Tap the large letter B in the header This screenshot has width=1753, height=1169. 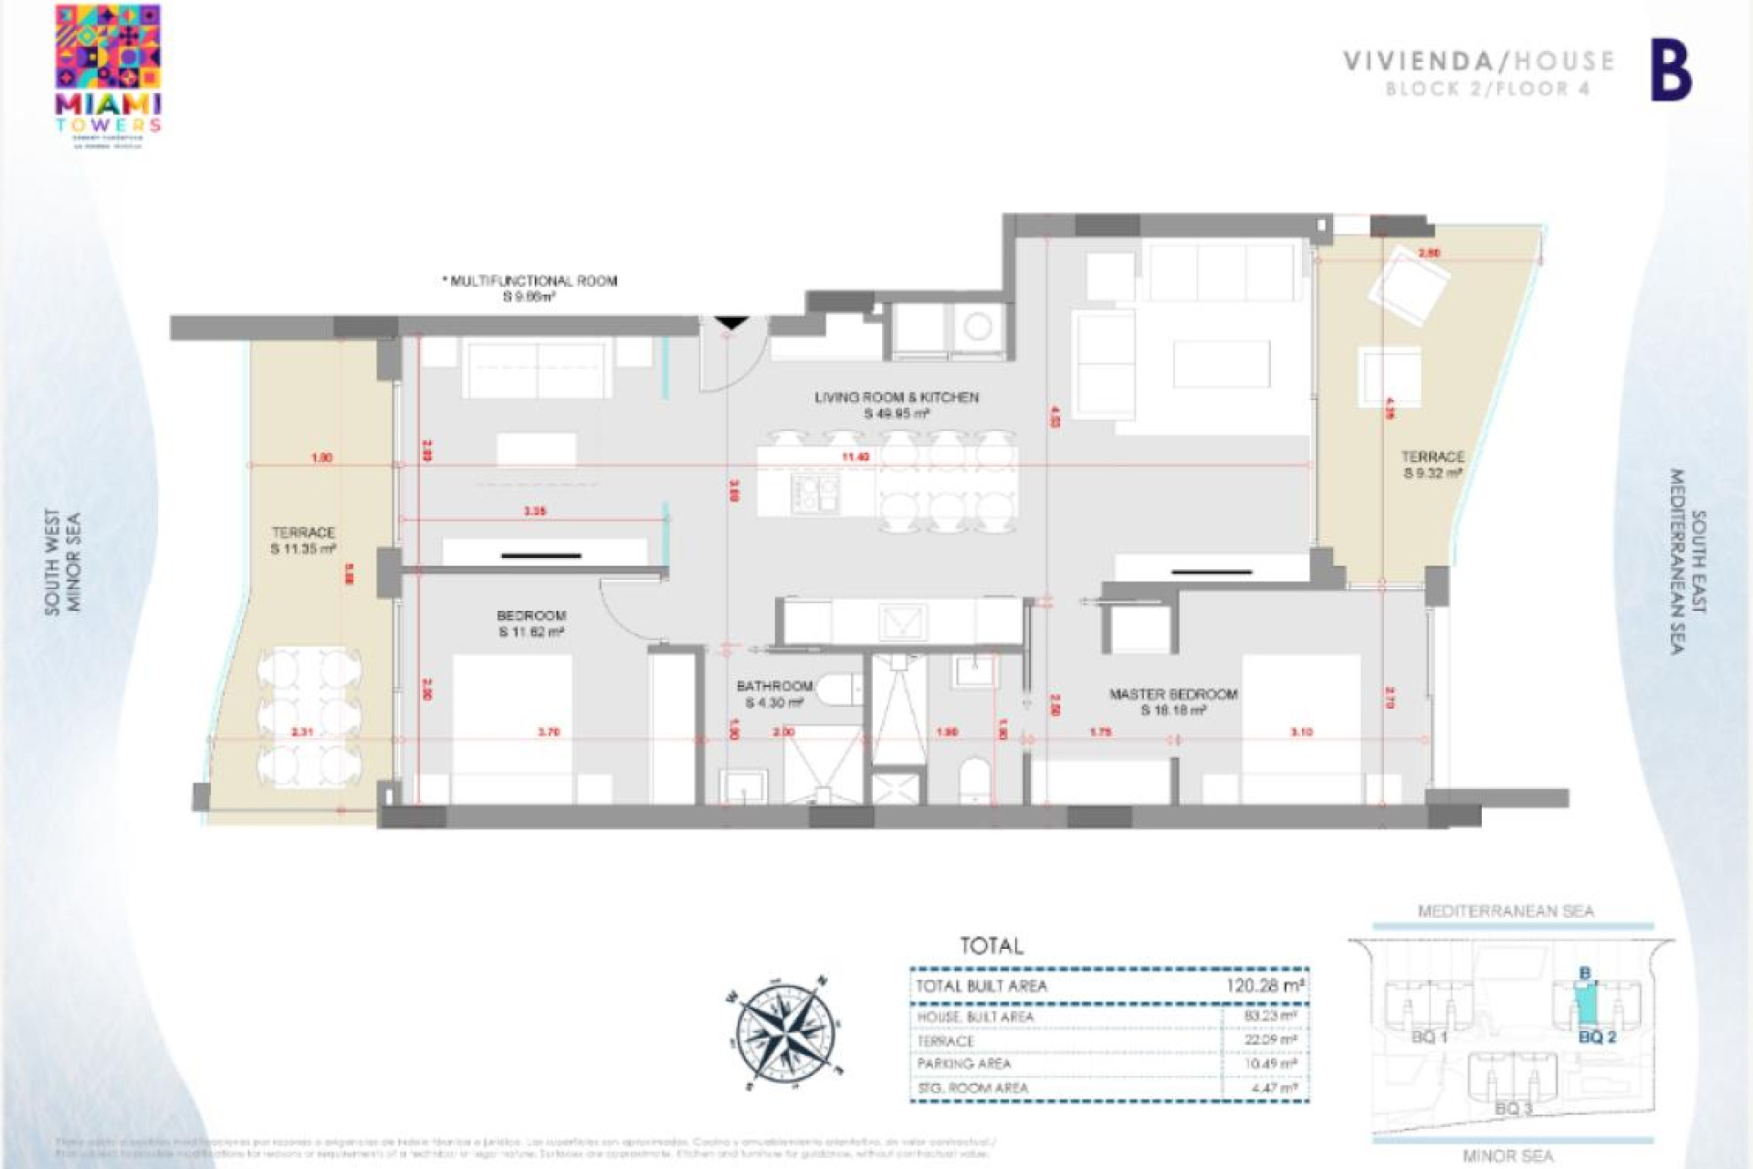click(x=1671, y=73)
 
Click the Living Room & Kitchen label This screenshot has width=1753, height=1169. click(x=896, y=405)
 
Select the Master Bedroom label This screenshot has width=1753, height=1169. click(x=1173, y=701)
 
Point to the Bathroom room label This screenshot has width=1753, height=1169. click(x=774, y=693)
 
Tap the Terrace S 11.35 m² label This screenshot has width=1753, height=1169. click(x=303, y=540)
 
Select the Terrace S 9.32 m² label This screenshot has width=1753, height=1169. click(x=1433, y=464)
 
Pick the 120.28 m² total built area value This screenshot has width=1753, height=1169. click(x=1265, y=985)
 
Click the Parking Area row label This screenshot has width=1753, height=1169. click(x=964, y=1064)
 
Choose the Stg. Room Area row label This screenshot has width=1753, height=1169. click(x=972, y=1088)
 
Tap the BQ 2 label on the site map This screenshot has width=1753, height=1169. click(x=1597, y=1037)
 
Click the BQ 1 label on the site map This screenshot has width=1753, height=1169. click(x=1429, y=1037)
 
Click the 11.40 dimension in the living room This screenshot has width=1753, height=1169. click(x=855, y=457)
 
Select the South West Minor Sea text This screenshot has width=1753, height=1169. click(x=63, y=561)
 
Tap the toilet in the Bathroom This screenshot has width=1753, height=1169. click(x=839, y=690)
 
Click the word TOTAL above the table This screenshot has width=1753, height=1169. click(x=992, y=946)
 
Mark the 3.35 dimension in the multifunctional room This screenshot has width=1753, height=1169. click(x=535, y=511)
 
